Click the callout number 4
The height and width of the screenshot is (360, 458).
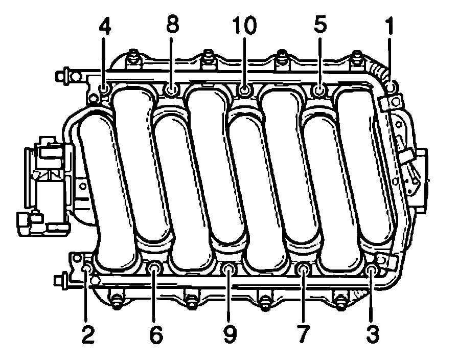point(105,26)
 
